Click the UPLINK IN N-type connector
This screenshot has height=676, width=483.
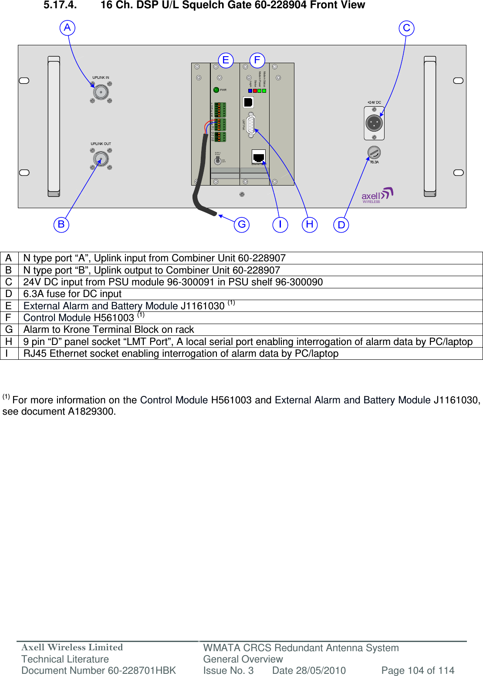(101, 92)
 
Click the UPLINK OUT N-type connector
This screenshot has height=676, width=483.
(101, 159)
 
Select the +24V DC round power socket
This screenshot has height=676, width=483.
(374, 123)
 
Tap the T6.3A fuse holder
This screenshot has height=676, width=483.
(374, 152)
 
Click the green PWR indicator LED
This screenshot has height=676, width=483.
(216, 90)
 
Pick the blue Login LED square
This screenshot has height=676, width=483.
(250, 91)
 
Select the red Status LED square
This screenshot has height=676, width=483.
(255, 91)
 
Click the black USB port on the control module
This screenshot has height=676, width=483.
(248, 102)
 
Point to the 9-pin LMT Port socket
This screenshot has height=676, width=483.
(251, 125)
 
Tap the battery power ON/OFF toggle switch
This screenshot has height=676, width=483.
(218, 160)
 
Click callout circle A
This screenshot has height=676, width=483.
(68, 28)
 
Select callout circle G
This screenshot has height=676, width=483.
(242, 224)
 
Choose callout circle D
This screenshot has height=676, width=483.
(341, 225)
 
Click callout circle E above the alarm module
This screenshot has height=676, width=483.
(226, 60)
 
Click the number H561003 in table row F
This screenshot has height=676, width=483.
(114, 318)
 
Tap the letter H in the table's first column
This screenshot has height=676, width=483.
(9, 341)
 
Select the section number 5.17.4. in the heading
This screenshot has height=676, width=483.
(60, 5)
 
